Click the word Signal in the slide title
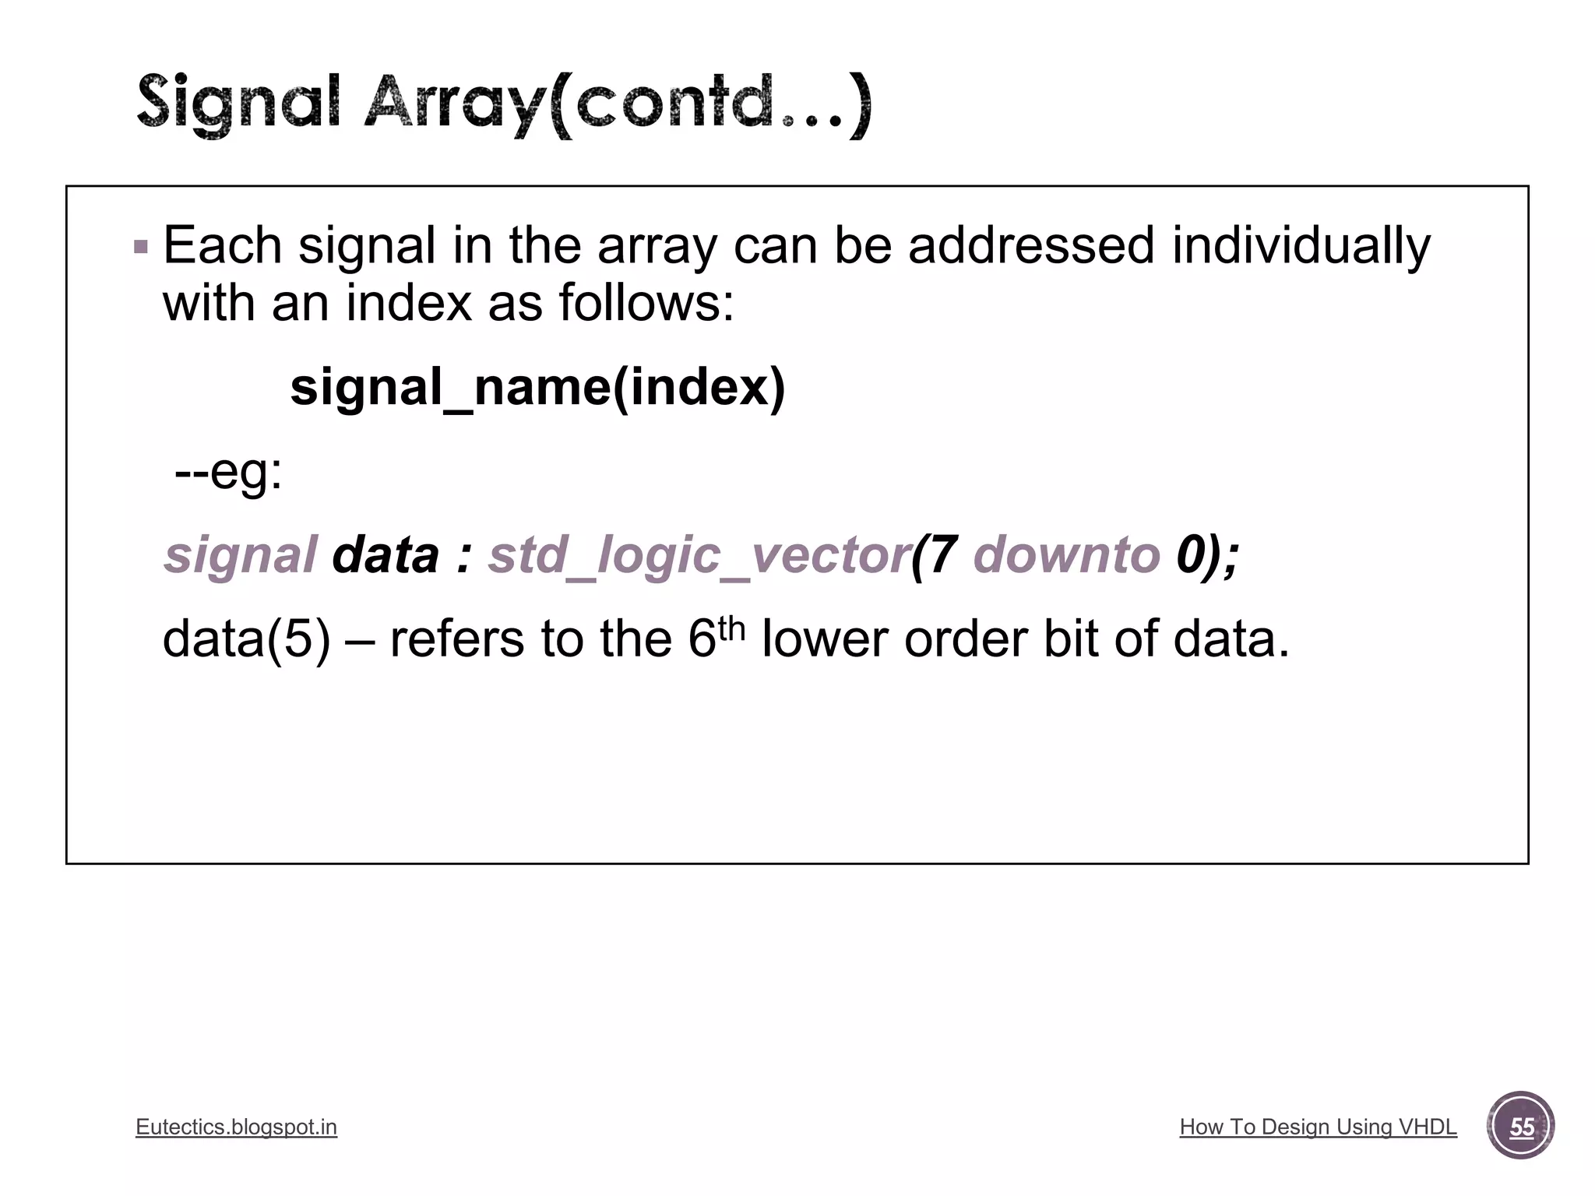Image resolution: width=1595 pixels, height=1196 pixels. coord(238,104)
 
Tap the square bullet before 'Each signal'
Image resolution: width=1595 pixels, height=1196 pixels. coord(141,248)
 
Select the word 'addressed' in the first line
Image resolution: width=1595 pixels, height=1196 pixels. coord(1031,246)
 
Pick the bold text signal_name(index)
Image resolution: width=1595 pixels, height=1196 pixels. coord(537,387)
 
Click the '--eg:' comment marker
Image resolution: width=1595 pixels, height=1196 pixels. coord(228,471)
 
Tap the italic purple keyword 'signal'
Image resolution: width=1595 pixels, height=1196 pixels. coord(240,556)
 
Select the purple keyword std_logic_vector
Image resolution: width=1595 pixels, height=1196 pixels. coord(699,556)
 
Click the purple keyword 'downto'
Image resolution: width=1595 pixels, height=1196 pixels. coord(1067,556)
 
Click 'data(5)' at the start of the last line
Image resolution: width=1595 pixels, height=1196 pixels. coord(247,639)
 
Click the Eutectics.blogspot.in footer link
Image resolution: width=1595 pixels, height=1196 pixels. coord(236,1127)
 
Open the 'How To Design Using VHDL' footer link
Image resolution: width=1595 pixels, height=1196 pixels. coord(1318,1127)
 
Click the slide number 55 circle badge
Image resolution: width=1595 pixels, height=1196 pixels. coord(1521,1126)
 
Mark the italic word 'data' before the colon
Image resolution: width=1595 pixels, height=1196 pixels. coord(386,556)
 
